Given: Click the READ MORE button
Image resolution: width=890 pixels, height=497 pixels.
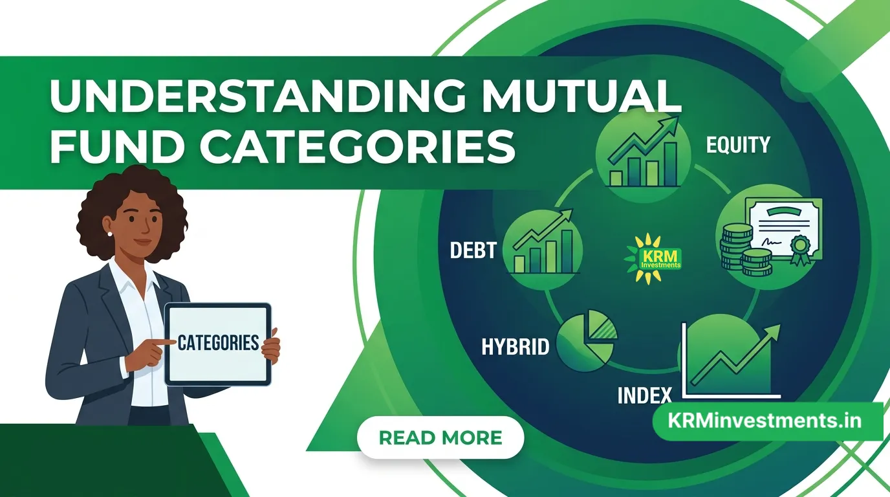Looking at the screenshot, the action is pyautogui.click(x=440, y=437).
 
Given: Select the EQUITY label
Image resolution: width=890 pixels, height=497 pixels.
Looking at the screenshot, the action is pyautogui.click(x=738, y=145).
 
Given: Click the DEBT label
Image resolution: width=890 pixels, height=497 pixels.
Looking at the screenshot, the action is pyautogui.click(x=473, y=250).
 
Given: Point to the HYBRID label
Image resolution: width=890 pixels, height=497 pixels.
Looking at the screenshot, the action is pyautogui.click(x=515, y=347).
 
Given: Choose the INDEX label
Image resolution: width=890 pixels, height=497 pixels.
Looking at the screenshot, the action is pyautogui.click(x=644, y=395).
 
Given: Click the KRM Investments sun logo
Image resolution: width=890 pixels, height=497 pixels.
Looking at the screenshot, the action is pyautogui.click(x=653, y=259).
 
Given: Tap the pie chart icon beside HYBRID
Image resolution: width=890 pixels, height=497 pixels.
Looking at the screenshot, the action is pyautogui.click(x=587, y=340).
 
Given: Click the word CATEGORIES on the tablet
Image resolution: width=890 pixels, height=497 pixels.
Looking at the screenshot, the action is pyautogui.click(x=218, y=343).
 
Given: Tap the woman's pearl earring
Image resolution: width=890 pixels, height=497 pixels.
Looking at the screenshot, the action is pyautogui.click(x=110, y=234).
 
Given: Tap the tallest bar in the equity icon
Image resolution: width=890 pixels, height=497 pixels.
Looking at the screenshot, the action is pyautogui.click(x=671, y=164).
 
